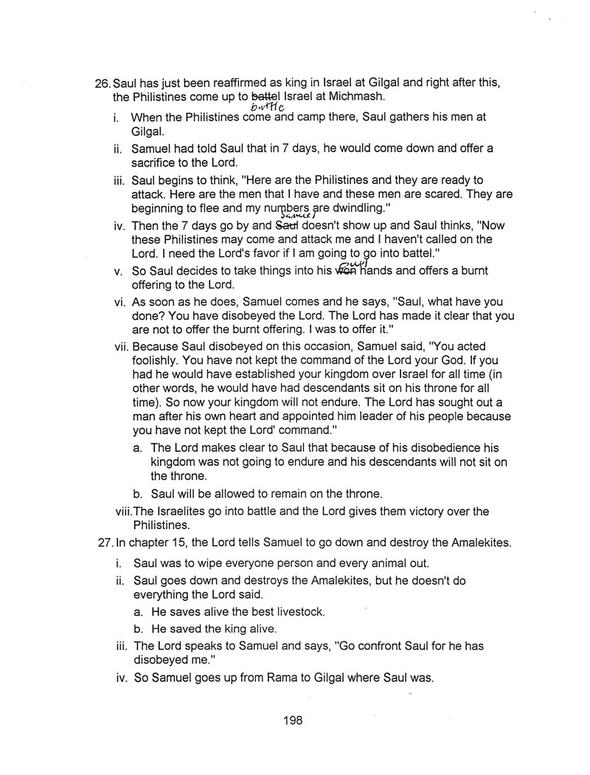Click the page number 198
292,721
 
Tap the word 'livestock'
297,613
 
